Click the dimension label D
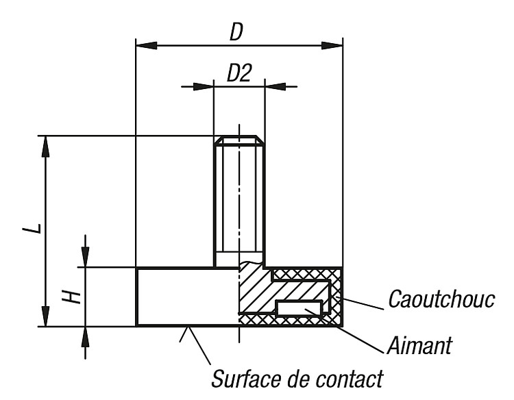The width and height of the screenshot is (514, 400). (x=236, y=32)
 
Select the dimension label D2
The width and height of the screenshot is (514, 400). (x=239, y=73)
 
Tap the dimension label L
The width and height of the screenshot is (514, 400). (x=32, y=228)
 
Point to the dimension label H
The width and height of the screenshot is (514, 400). (x=72, y=297)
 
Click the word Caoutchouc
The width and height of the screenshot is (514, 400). (x=441, y=299)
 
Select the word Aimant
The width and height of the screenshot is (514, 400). (x=419, y=345)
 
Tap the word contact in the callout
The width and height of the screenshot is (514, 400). (x=349, y=379)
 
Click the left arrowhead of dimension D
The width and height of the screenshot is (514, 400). (x=146, y=45)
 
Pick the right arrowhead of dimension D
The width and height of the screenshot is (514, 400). (x=332, y=45)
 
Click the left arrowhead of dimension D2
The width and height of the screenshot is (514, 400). (x=204, y=87)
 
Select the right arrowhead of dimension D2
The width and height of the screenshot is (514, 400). (x=276, y=87)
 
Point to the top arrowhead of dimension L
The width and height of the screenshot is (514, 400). (x=46, y=147)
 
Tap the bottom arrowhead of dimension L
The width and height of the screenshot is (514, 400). (x=46, y=316)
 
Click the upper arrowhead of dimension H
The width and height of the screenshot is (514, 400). (x=85, y=257)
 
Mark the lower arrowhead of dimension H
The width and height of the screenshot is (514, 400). (x=85, y=338)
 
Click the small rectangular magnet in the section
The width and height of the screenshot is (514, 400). (x=299, y=308)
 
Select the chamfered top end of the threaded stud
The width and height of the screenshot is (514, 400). (x=239, y=140)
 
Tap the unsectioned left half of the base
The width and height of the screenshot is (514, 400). (x=188, y=297)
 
